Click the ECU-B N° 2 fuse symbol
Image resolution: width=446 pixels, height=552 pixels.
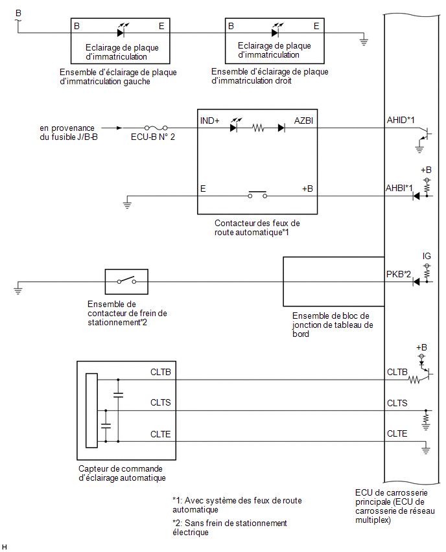point(156,128)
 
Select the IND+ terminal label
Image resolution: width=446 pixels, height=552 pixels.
point(209,121)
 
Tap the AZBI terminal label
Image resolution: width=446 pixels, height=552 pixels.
point(303,121)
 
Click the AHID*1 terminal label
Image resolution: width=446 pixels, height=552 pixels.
point(401,120)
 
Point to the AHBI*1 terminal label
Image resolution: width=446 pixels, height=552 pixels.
point(399,188)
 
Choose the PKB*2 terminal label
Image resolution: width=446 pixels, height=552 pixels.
point(399,274)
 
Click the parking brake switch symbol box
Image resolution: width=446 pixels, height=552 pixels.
point(126,282)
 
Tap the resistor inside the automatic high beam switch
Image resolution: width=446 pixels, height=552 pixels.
point(258,128)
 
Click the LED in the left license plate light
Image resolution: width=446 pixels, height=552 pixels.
point(121,33)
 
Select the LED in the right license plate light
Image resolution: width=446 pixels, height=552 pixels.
point(275,33)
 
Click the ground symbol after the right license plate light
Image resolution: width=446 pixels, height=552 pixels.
point(364,42)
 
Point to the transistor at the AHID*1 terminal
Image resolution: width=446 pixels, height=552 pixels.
point(425,135)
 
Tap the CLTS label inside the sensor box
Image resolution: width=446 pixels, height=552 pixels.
point(160,402)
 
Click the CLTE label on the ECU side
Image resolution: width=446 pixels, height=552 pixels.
point(397,433)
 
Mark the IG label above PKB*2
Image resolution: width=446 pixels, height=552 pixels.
point(427,256)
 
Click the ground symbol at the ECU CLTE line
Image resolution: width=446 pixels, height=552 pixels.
point(426,450)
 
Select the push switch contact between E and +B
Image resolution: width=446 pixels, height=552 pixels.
point(257,194)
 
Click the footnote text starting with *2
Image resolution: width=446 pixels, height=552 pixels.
point(229,527)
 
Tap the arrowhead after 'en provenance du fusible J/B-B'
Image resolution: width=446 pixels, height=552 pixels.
point(120,128)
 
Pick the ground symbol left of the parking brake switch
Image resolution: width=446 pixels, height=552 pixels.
point(18,290)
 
